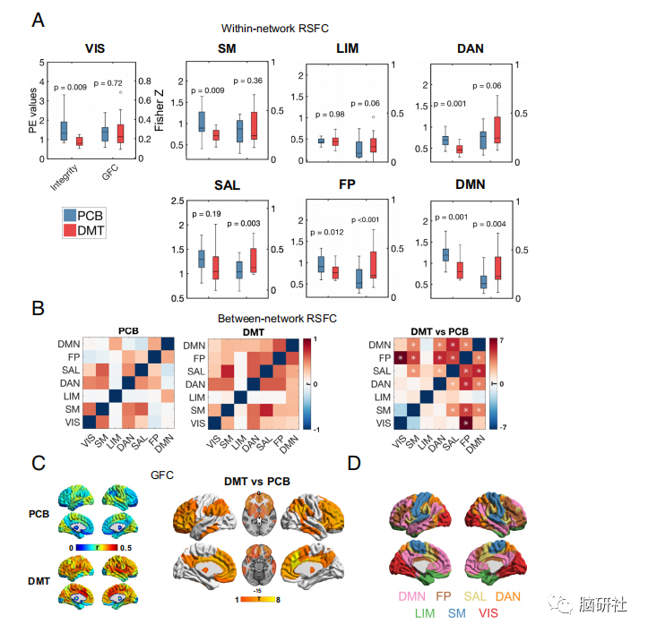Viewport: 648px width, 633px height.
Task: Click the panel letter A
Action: pyautogui.click(x=39, y=21)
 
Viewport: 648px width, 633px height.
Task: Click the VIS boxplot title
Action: pyautogui.click(x=96, y=48)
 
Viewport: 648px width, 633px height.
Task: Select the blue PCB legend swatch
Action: pyautogui.click(x=69, y=216)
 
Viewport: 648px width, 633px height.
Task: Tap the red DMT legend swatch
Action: pyautogui.click(x=69, y=232)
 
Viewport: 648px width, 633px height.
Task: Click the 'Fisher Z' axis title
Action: pyautogui.click(x=160, y=111)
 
